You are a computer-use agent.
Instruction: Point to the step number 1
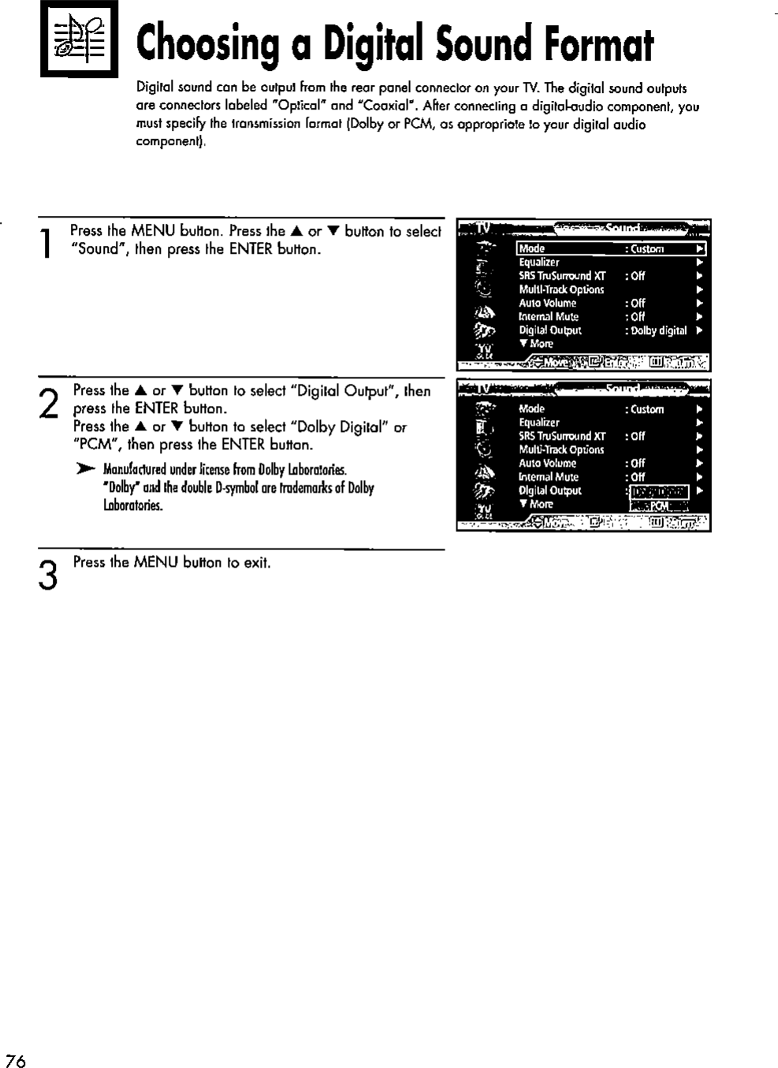point(48,242)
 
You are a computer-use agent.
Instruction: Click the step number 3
point(48,575)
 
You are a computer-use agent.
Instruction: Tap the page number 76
point(15,1060)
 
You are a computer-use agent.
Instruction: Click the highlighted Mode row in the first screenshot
point(610,249)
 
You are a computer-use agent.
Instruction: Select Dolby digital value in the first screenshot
point(659,331)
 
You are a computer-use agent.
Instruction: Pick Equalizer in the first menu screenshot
point(539,262)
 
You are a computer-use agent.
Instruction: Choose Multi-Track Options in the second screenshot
point(561,450)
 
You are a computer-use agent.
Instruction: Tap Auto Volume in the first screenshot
point(547,303)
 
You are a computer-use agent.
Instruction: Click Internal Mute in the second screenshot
point(549,477)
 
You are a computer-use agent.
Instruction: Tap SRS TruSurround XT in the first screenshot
point(562,276)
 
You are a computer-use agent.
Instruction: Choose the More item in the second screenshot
point(540,504)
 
